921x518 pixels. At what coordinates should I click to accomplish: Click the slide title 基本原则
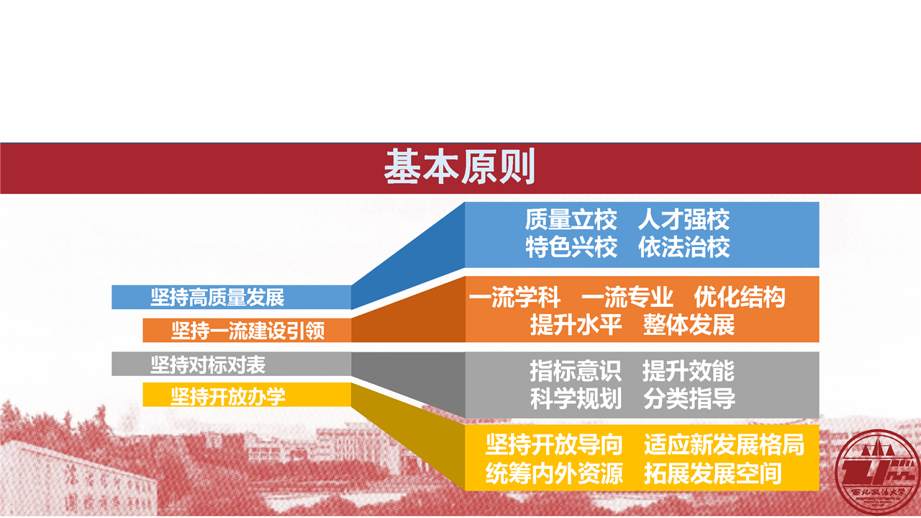pos(460,166)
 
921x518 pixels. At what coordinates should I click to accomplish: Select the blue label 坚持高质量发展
pos(217,298)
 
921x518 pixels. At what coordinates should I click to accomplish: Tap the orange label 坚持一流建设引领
pos(248,331)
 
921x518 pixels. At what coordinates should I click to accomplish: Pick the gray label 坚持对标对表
pos(208,365)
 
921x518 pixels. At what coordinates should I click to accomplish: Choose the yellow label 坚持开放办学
pos(228,396)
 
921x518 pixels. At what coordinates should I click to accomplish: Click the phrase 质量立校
pos(571,220)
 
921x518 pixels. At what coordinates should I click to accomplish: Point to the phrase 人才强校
pos(684,220)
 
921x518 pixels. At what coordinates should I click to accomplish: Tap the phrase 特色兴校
pos(571,247)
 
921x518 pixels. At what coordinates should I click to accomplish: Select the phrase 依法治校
pos(684,247)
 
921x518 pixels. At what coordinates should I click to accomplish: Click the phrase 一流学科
pos(514,298)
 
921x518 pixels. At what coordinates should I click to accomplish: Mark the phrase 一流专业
pos(627,298)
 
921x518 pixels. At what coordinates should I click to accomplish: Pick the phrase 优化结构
pos(740,298)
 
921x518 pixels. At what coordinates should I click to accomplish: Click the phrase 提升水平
pos(576,325)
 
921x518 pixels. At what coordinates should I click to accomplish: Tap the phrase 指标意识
pos(576,370)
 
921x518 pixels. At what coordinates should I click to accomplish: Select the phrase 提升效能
pos(689,370)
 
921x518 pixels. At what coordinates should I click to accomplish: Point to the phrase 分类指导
pos(689,398)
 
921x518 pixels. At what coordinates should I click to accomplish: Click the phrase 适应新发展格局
pos(724,445)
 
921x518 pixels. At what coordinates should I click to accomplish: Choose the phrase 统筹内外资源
pos(554,473)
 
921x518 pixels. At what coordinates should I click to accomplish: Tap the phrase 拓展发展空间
pos(712,473)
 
